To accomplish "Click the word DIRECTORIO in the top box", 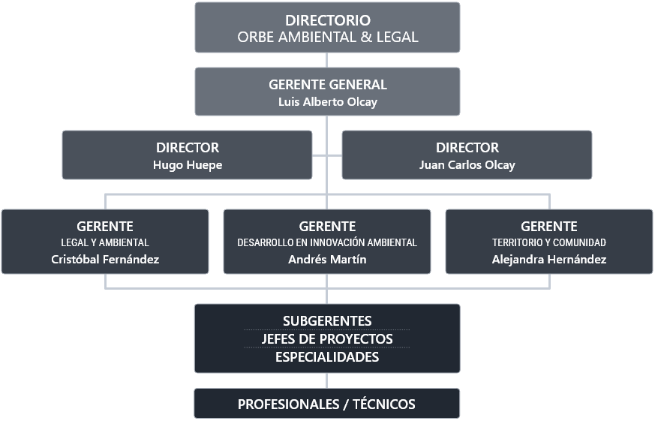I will pyautogui.click(x=327, y=20).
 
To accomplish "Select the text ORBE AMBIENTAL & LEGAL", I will pyautogui.click(x=327, y=37).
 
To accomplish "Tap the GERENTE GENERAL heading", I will pyautogui.click(x=327, y=85).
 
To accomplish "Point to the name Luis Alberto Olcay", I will pyautogui.click(x=327, y=101).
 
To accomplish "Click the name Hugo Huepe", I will pyautogui.click(x=188, y=165).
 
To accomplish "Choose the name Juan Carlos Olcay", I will pyautogui.click(x=467, y=165).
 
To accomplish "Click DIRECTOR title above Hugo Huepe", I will pyautogui.click(x=188, y=148).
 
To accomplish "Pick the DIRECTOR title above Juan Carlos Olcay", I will pyautogui.click(x=467, y=148).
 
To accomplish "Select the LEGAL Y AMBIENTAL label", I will pyautogui.click(x=105, y=242).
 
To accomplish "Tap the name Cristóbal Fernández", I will pyautogui.click(x=105, y=260).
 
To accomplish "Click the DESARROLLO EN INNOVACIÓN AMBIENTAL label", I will pyautogui.click(x=327, y=242).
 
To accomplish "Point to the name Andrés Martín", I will pyautogui.click(x=327, y=260).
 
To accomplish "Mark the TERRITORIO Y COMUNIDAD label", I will pyautogui.click(x=549, y=242).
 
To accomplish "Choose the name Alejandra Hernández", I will pyautogui.click(x=549, y=260).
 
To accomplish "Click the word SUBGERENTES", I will pyautogui.click(x=327, y=321).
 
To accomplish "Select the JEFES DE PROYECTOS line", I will pyautogui.click(x=327, y=339).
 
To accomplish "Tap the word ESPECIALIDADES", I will pyautogui.click(x=327, y=357).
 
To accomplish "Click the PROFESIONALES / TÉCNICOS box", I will pyautogui.click(x=327, y=404).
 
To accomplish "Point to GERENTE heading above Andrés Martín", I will pyautogui.click(x=327, y=226).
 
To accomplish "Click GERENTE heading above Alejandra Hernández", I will pyautogui.click(x=549, y=226).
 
